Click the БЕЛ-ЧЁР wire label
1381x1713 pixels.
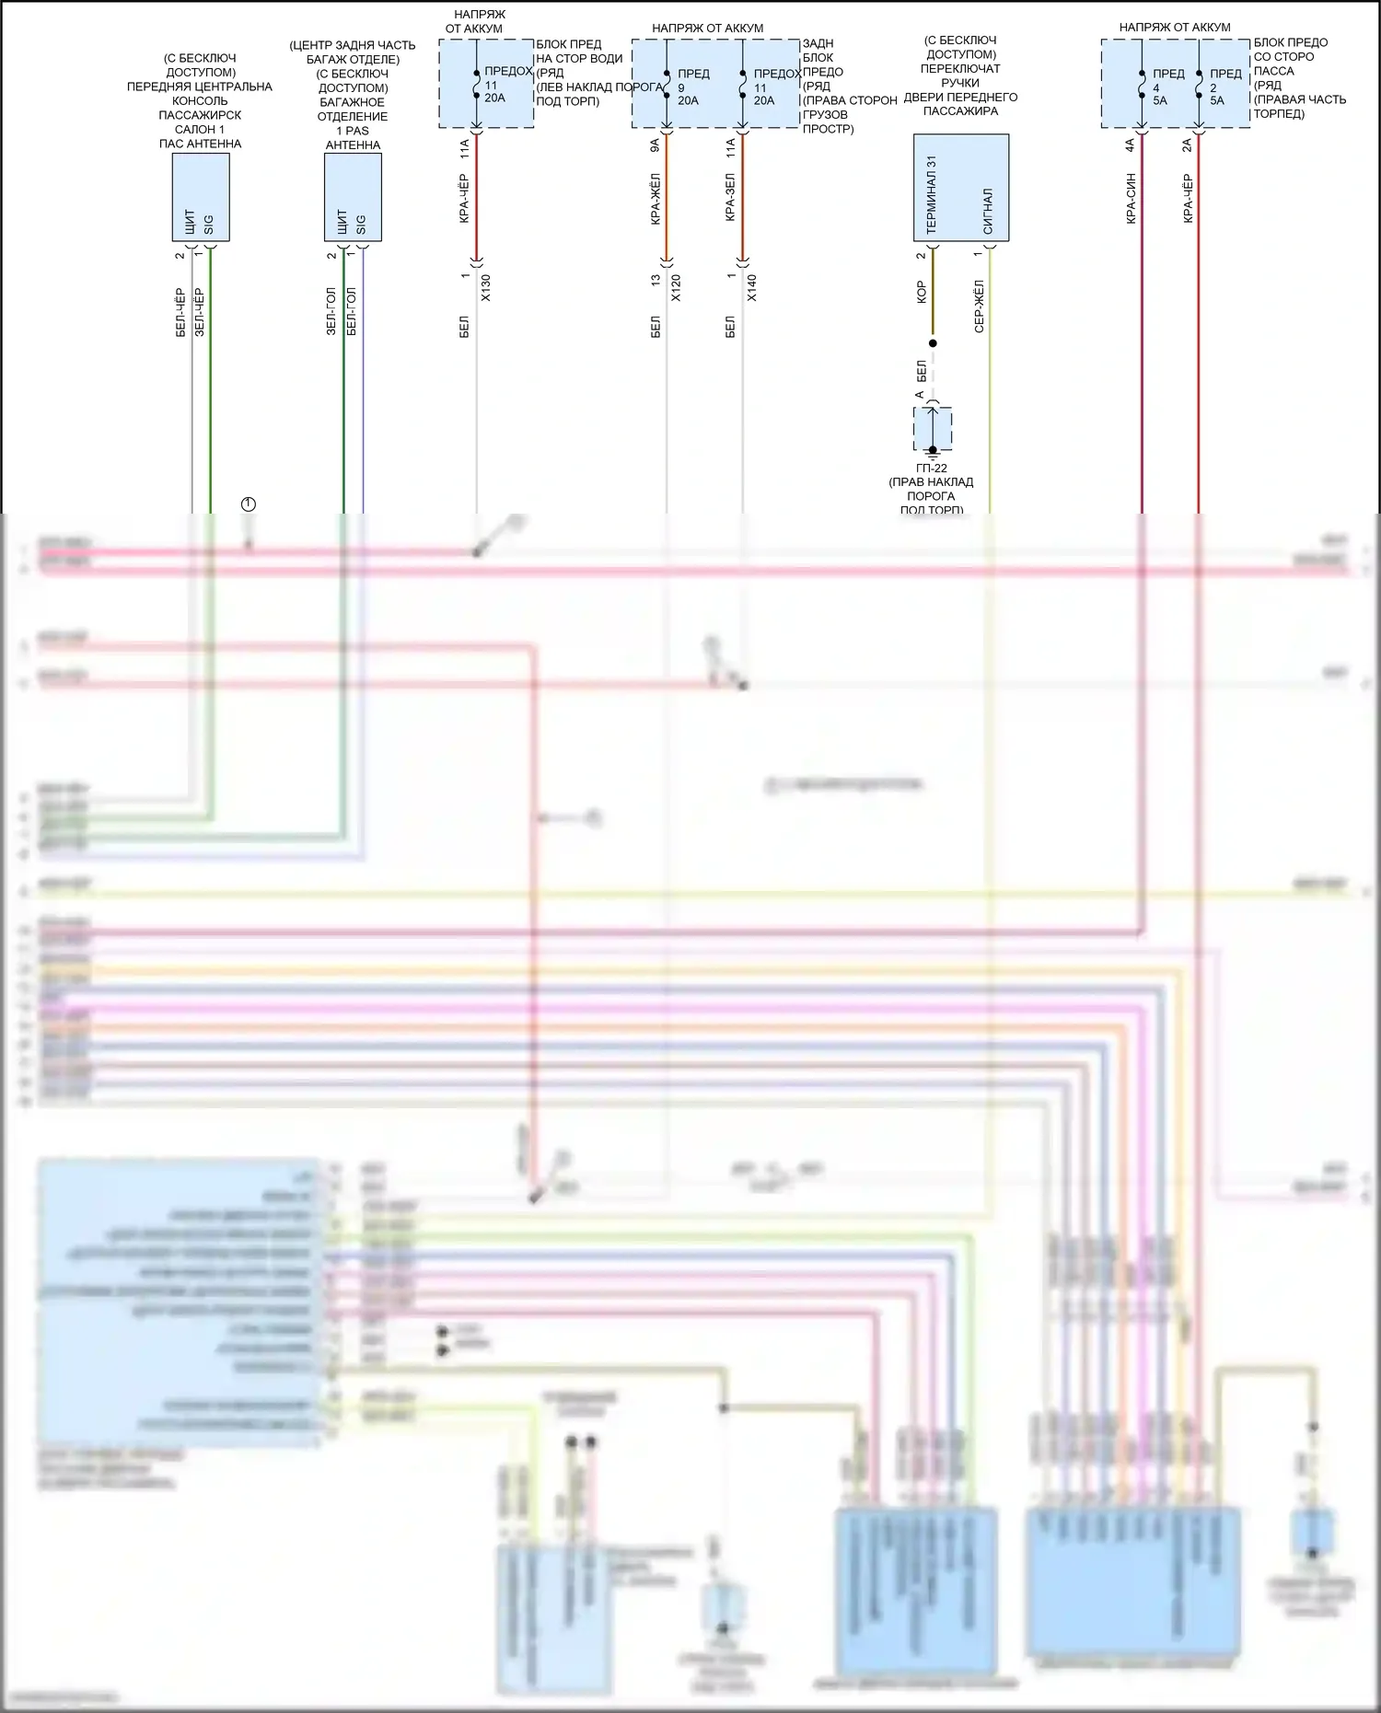coord(180,313)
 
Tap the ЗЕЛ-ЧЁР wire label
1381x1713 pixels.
coord(200,313)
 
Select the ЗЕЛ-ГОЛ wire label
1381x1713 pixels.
coord(331,311)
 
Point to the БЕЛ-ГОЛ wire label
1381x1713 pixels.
coord(352,311)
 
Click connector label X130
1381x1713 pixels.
coord(486,287)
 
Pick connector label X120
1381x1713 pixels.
coord(676,287)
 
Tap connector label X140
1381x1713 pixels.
coord(751,287)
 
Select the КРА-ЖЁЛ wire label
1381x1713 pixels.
coord(655,199)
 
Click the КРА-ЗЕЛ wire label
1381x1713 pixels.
coord(730,195)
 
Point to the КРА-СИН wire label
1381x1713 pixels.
coord(1130,198)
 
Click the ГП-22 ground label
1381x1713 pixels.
coord(932,469)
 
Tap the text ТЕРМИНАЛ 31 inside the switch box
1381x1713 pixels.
coord(932,194)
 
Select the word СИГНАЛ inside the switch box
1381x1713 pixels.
coord(988,212)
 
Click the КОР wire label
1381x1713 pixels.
coord(921,293)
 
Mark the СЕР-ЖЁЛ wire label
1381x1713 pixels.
coord(979,306)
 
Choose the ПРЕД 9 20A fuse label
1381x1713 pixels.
coord(688,87)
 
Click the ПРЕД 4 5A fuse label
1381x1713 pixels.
coord(1165,87)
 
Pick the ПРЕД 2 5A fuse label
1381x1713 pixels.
coord(1223,87)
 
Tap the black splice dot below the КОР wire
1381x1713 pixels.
coord(933,343)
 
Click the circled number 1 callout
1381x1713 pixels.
coord(248,504)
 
